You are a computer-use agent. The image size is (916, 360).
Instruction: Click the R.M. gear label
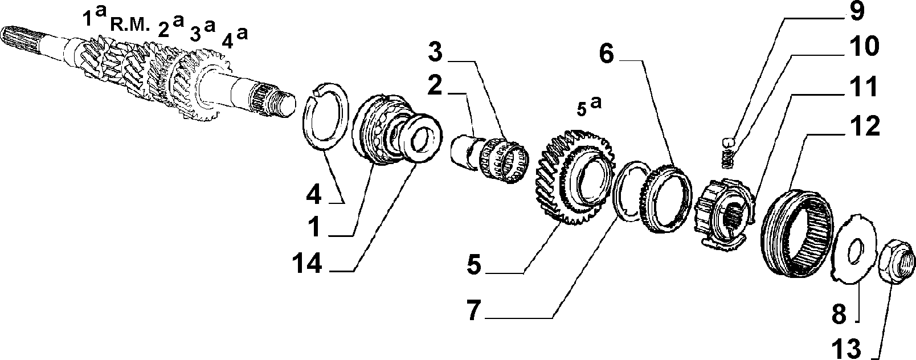(127, 27)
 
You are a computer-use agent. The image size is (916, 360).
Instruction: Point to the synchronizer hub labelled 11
(724, 212)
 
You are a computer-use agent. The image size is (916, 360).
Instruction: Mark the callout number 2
(435, 87)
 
